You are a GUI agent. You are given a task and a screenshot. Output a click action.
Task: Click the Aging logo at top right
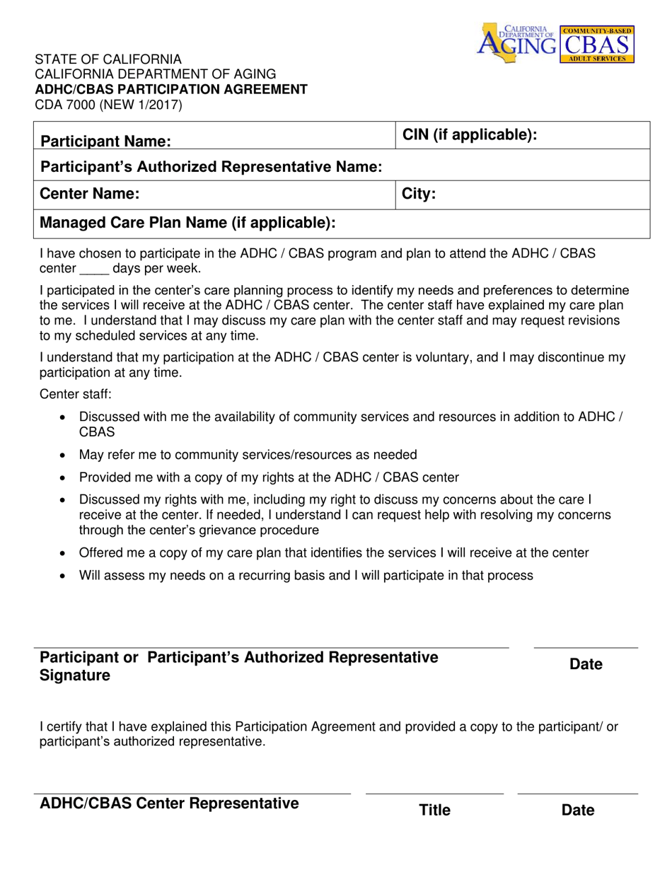pyautogui.click(x=518, y=42)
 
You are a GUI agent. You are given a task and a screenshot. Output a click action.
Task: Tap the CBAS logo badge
pyautogui.click(x=597, y=44)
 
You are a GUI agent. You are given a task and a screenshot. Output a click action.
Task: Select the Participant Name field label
pyautogui.click(x=105, y=141)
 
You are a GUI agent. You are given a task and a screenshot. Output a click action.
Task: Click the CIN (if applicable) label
pyautogui.click(x=470, y=134)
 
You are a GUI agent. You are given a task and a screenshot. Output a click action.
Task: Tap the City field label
pyautogui.click(x=419, y=194)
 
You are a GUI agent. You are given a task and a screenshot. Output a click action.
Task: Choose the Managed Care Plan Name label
pyautogui.click(x=187, y=224)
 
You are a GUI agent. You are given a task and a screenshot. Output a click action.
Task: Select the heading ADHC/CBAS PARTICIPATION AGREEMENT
pyautogui.click(x=172, y=89)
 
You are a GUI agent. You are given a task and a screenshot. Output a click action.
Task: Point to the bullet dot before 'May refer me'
pyautogui.click(x=64, y=456)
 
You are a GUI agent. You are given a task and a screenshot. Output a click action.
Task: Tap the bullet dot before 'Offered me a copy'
pyautogui.click(x=64, y=553)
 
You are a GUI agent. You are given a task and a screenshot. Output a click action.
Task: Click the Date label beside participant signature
pyautogui.click(x=586, y=665)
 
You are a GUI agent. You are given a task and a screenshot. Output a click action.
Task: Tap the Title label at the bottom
pyautogui.click(x=434, y=811)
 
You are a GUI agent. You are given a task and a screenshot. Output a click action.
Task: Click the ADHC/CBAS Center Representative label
pyautogui.click(x=169, y=804)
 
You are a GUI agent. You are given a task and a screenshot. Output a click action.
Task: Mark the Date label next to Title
pyautogui.click(x=577, y=811)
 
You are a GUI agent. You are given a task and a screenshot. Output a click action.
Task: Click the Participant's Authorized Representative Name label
pyautogui.click(x=211, y=167)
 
